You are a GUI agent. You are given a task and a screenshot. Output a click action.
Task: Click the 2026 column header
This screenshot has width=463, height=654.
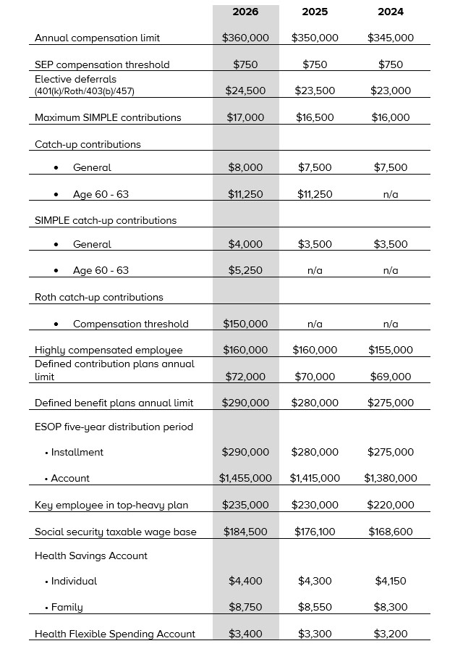[x=245, y=12]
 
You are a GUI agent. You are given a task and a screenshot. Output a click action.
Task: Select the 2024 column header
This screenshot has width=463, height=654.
[x=391, y=12]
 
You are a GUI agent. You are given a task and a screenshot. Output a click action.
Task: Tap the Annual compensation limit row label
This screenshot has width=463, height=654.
[x=98, y=38]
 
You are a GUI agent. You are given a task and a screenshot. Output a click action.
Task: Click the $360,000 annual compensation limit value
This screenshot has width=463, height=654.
[x=245, y=38]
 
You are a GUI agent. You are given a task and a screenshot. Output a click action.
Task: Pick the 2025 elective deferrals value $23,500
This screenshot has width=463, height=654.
[x=315, y=91]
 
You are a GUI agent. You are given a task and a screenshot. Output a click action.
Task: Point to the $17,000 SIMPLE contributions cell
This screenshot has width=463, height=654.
[x=245, y=117]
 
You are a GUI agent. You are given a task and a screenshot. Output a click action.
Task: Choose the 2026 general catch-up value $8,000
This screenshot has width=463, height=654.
[x=245, y=167]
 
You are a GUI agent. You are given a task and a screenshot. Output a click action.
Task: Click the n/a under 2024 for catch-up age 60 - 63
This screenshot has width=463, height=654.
[x=391, y=194]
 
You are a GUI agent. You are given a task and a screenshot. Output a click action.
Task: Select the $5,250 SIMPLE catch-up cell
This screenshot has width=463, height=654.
[x=245, y=270]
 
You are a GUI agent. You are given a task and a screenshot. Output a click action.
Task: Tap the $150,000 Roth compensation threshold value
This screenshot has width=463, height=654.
[x=245, y=324]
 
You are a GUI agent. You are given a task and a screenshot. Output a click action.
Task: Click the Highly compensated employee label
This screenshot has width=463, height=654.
[x=109, y=350]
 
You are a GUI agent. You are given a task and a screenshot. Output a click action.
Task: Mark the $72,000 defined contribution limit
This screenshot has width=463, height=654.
[x=245, y=377]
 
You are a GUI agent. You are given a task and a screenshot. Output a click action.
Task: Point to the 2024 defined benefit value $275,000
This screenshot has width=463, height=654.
[x=391, y=403]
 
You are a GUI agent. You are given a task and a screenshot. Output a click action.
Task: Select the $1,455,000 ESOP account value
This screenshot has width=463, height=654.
[x=245, y=478]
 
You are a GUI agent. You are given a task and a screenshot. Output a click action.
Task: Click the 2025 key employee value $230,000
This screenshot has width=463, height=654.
[x=315, y=505]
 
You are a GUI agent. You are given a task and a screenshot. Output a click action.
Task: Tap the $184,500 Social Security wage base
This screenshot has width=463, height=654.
[x=245, y=532]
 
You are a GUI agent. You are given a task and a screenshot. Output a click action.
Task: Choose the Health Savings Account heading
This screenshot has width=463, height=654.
[x=91, y=556]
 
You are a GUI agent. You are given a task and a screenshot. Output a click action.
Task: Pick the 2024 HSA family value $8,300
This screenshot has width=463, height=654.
[x=391, y=607]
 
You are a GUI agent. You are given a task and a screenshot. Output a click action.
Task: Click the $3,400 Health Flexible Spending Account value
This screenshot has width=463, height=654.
[x=245, y=634]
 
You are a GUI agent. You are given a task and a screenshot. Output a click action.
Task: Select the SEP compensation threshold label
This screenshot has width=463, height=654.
[x=102, y=64]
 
